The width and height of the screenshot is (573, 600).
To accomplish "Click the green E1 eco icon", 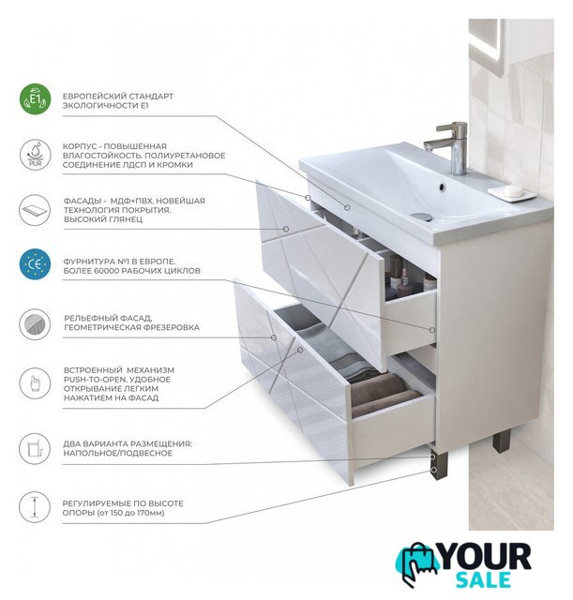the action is [35, 99].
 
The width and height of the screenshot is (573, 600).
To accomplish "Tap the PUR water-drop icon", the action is [35, 155].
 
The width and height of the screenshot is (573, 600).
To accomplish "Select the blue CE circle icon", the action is [35, 264].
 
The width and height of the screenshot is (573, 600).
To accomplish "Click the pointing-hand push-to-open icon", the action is [35, 383].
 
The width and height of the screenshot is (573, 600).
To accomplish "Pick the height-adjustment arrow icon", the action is [35, 507].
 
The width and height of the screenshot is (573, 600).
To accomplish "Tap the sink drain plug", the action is [422, 217].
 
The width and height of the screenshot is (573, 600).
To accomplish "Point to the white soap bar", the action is [513, 189].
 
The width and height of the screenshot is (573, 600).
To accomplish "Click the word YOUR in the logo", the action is [486, 557].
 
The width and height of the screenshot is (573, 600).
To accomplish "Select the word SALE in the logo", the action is [483, 579].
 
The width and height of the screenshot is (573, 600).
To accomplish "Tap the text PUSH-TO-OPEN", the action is [96, 380].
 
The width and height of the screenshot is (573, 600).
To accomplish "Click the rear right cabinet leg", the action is [502, 441].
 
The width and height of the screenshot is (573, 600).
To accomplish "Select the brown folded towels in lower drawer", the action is [383, 394].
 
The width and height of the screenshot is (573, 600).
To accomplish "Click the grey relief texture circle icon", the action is [35, 324].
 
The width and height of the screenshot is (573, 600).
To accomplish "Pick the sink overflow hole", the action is [442, 187].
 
